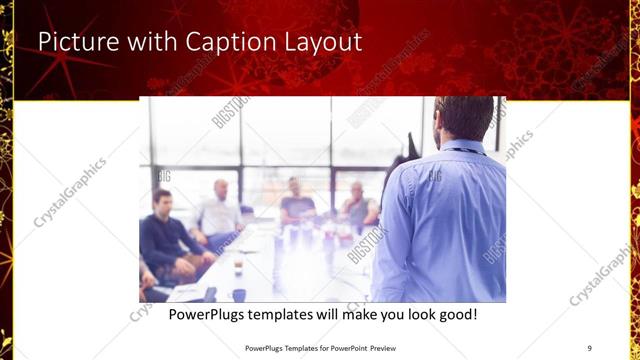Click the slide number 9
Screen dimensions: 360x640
[x=590, y=348]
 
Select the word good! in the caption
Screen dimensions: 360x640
[x=455, y=314]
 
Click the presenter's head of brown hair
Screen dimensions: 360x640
[x=466, y=117]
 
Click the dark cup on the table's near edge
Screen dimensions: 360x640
[x=239, y=295]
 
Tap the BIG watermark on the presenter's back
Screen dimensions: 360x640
[x=435, y=177]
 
